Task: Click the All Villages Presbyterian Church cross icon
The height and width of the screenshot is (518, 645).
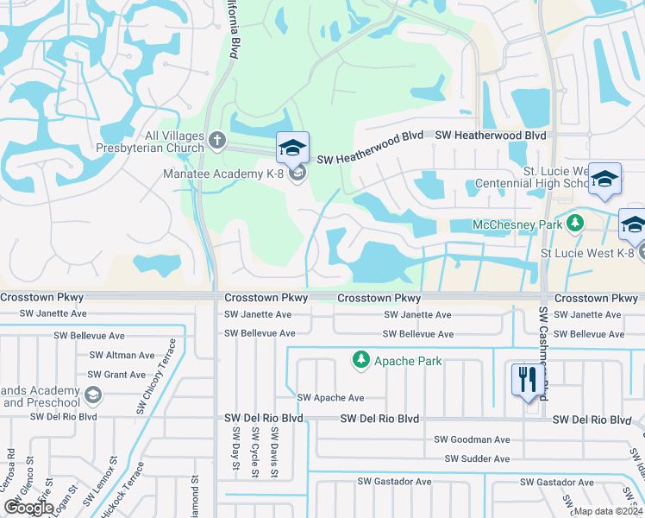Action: click(x=216, y=138)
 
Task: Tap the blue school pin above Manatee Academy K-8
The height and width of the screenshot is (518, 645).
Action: click(x=292, y=148)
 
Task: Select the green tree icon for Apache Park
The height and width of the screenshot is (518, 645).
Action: click(x=361, y=359)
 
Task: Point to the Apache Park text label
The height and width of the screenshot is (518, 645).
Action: click(x=407, y=361)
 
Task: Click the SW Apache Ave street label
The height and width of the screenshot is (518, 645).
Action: click(x=330, y=398)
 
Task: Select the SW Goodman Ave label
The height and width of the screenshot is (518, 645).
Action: click(x=472, y=439)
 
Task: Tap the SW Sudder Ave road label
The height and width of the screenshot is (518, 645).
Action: click(x=477, y=459)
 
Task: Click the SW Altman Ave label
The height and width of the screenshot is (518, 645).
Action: click(x=122, y=355)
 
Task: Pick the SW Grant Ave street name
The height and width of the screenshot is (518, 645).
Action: click(x=117, y=375)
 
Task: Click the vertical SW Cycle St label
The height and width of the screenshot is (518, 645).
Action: click(x=254, y=451)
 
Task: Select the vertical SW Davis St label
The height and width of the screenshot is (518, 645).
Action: click(x=274, y=451)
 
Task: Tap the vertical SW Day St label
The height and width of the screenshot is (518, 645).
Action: click(x=235, y=451)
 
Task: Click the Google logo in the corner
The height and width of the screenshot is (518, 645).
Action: click(x=28, y=507)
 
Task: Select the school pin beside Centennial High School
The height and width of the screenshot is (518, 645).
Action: click(x=605, y=179)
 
